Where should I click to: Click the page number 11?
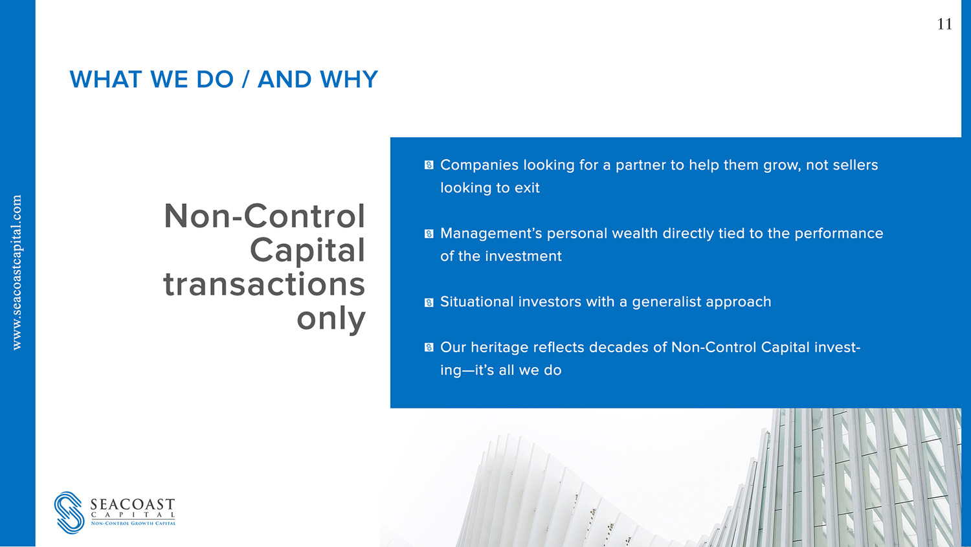(x=944, y=24)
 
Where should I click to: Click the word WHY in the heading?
(x=348, y=80)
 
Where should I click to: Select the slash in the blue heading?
(x=246, y=80)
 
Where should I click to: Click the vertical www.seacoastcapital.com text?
(x=17, y=272)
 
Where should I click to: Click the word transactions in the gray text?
(x=264, y=284)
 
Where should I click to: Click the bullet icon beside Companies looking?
(x=429, y=165)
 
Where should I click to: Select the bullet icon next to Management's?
(x=429, y=234)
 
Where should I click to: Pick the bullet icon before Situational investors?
(x=429, y=302)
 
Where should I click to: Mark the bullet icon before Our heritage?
(x=429, y=348)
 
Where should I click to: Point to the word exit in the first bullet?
(x=527, y=188)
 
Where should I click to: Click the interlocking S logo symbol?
(x=69, y=512)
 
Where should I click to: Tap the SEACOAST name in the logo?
(x=133, y=504)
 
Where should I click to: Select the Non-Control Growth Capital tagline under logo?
(x=133, y=523)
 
